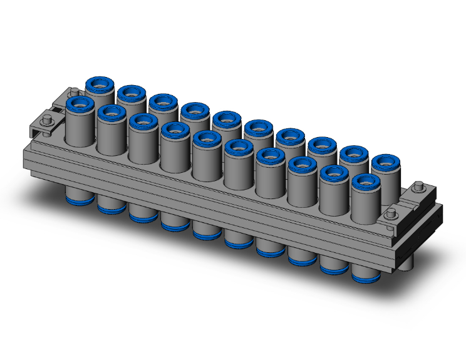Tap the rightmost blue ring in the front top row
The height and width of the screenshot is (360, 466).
click(x=366, y=183)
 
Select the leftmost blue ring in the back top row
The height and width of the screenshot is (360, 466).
click(x=99, y=83)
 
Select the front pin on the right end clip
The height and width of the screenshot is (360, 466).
click(x=391, y=215)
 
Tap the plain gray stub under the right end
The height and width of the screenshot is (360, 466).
click(x=408, y=263)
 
